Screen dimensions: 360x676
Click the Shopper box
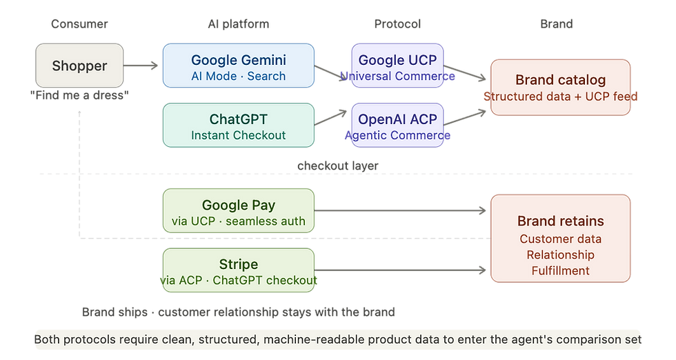(79, 66)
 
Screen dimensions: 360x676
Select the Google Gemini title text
(238, 60)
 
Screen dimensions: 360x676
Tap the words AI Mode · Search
(238, 76)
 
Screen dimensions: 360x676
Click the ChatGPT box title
(238, 120)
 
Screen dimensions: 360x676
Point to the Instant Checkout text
(238, 135)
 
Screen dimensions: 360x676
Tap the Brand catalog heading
(560, 79)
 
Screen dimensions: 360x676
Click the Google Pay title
(238, 205)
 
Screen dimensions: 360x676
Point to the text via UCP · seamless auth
(238, 221)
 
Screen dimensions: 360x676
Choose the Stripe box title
(238, 264)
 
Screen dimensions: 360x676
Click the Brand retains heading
(560, 221)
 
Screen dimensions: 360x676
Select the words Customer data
(560, 239)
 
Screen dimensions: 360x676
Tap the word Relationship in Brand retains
(560, 254)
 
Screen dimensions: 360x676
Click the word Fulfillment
(560, 270)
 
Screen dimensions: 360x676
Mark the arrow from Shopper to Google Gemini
(142, 66)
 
